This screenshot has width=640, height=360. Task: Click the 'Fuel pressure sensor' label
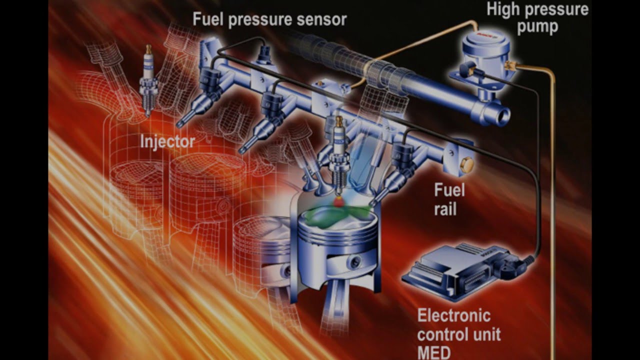coord(269,19)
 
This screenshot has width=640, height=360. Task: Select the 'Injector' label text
coord(167,141)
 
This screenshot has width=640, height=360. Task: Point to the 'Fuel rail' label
coord(449,199)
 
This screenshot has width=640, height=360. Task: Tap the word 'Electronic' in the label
coord(453,316)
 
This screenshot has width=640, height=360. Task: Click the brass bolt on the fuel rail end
coord(467,165)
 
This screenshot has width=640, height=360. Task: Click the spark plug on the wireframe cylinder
coord(147,80)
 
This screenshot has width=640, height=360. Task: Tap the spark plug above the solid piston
coord(338,155)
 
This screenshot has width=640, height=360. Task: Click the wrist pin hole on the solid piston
coord(355,260)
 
